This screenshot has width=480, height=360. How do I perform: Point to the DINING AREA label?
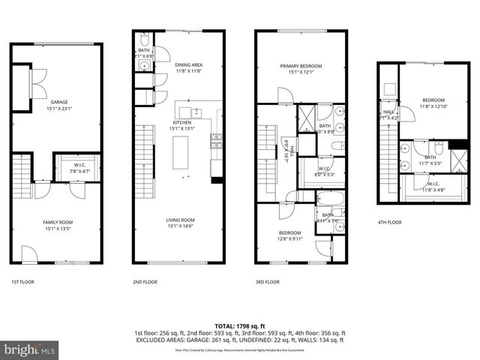click(188, 65)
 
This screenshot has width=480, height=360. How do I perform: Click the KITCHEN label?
click(182, 122)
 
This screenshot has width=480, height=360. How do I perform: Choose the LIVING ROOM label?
click(182, 220)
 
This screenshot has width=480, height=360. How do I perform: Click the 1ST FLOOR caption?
click(22, 282)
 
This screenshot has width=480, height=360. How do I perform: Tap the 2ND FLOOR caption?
click(145, 282)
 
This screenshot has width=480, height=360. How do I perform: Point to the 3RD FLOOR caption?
click(267, 282)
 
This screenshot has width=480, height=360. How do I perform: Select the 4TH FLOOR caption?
click(388, 223)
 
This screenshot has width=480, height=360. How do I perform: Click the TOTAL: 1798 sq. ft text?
click(239, 325)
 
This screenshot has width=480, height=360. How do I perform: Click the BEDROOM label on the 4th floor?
click(433, 100)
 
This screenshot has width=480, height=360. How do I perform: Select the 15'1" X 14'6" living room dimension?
click(182, 226)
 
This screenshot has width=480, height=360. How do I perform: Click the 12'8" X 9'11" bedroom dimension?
click(289, 238)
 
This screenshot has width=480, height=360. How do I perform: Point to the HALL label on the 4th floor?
click(388, 112)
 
